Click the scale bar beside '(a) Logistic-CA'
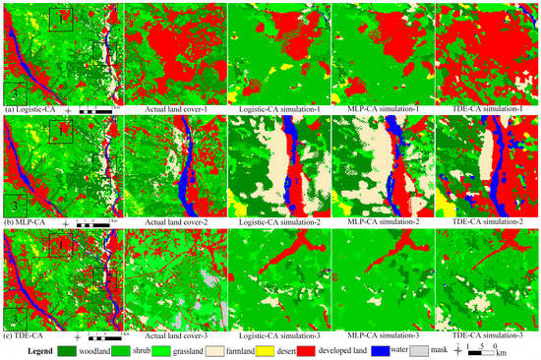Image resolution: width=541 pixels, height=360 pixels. [96, 109]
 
